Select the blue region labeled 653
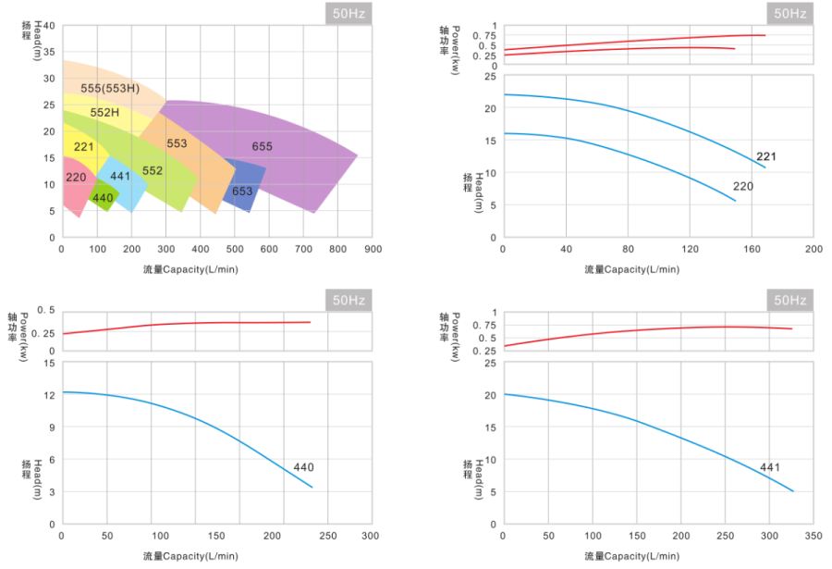click(242, 192)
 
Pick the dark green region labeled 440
click(103, 198)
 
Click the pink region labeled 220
click(76, 177)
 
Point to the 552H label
click(104, 113)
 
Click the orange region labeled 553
click(177, 144)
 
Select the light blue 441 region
click(120, 176)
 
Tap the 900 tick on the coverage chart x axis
click(373, 249)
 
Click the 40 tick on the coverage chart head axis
click(49, 26)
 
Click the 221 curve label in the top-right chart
click(765, 156)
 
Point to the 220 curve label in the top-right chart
click(743, 186)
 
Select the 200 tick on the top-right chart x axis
click(814, 250)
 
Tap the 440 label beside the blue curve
click(303, 467)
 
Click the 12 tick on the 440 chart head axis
click(49, 394)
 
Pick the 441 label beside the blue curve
click(770, 467)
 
